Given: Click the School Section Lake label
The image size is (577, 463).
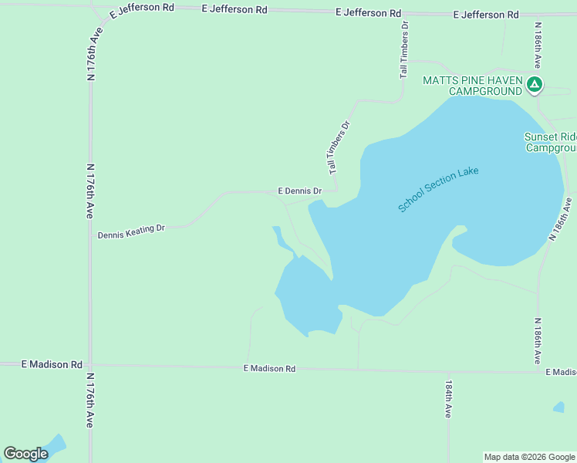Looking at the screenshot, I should (x=438, y=189).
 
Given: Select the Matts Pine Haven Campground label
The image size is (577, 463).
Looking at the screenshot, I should (x=472, y=86).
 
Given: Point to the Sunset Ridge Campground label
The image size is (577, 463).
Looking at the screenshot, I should (x=550, y=142).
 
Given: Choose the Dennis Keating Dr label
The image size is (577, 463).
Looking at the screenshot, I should (x=131, y=230).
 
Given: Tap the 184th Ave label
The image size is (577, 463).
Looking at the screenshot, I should (x=448, y=398).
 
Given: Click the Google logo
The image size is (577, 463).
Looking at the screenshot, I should (x=25, y=454).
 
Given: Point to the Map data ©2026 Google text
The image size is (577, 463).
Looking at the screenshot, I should (x=529, y=457).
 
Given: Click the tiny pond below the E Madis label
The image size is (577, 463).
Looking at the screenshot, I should (x=558, y=407).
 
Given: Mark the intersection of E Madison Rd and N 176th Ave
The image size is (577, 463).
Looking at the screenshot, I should (x=90, y=365).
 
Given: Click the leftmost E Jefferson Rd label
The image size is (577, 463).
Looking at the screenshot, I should (x=142, y=8).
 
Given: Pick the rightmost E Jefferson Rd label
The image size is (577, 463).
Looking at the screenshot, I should (x=486, y=15).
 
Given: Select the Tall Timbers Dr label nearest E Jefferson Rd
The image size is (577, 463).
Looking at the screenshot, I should (x=404, y=49).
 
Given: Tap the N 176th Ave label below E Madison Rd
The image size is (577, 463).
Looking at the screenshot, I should (x=90, y=400).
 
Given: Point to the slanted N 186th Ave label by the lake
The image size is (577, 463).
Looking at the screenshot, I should (x=560, y=220).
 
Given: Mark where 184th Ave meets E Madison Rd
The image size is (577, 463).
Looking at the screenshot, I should (x=448, y=371).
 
